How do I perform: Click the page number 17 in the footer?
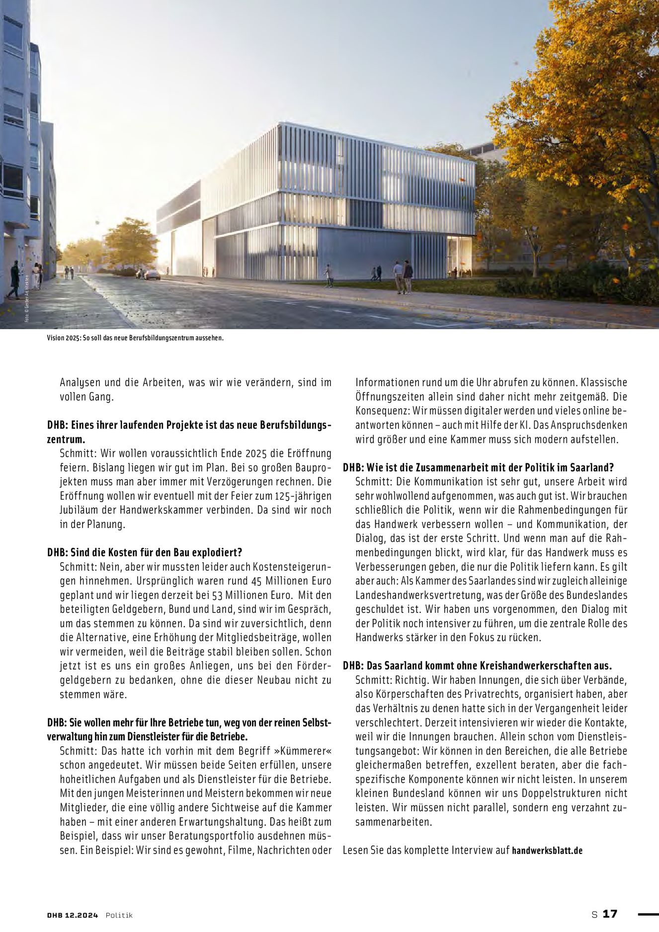(x=610, y=914)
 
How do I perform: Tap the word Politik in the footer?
(x=119, y=915)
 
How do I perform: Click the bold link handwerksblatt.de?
(x=547, y=850)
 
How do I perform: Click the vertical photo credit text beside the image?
(x=27, y=298)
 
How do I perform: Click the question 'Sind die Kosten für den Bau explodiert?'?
(x=145, y=552)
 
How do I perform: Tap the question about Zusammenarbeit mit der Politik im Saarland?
(x=478, y=468)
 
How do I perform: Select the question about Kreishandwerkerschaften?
(x=477, y=666)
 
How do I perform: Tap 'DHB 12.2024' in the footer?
(x=73, y=915)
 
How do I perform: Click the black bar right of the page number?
(x=648, y=914)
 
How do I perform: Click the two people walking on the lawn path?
(x=403, y=276)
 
